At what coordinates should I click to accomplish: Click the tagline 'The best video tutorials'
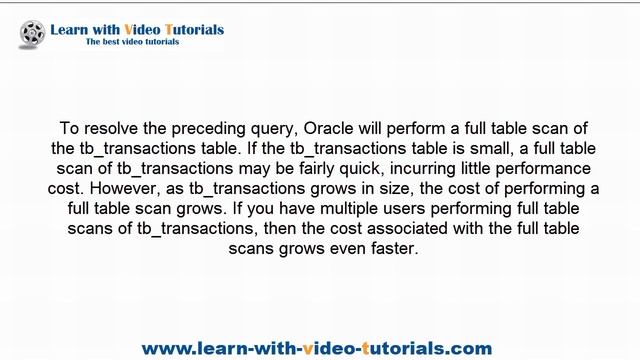132,42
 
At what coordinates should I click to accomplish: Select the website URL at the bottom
317,348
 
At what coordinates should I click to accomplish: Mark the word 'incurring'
451,168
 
